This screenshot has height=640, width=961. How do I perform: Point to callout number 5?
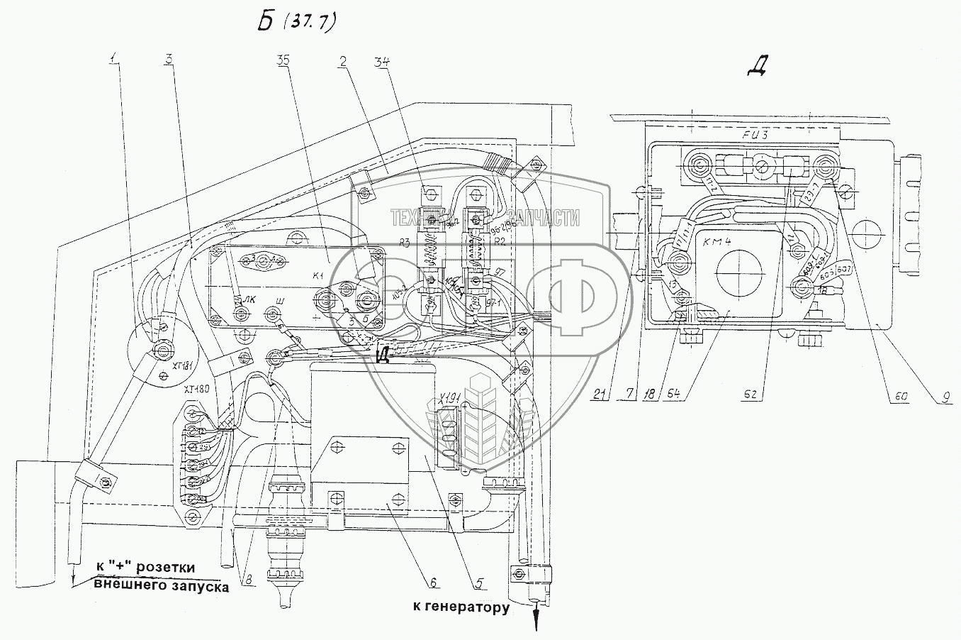coord(479,583)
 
